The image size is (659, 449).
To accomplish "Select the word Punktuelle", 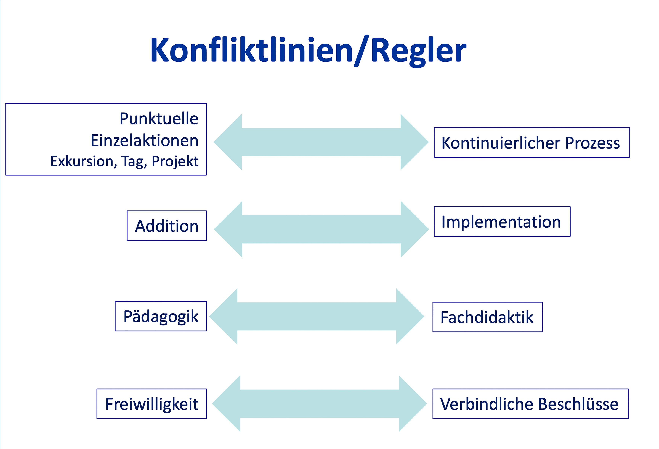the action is coord(159,118).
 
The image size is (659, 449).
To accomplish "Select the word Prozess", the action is coord(592,143).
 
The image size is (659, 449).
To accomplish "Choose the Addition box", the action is coord(167,226).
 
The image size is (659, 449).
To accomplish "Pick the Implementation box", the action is coord(502,221).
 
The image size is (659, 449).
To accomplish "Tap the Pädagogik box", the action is coord(161,316).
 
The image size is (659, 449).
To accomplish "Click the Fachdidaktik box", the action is coord(488,317).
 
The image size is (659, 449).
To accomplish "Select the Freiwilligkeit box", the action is coord(152,404).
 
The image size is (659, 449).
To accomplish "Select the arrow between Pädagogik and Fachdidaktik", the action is coord(317,316).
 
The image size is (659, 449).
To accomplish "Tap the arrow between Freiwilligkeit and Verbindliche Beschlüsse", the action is coord(320,404).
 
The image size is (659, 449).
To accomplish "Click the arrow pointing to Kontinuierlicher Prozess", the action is coord(321,142).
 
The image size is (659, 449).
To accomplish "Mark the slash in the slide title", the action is coord(362,51).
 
